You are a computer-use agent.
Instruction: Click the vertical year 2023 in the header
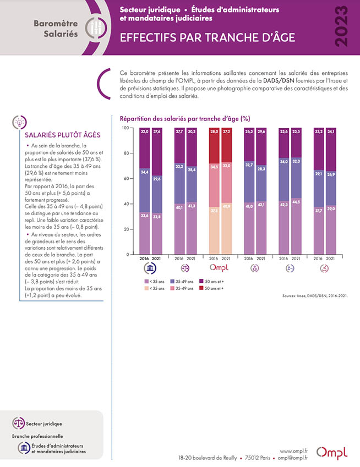[341, 26]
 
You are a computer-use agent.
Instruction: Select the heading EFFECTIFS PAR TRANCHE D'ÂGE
[208, 37]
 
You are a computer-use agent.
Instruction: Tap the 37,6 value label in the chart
[156, 131]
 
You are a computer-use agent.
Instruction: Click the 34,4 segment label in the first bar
[145, 172]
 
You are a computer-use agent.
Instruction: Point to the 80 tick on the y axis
[127, 153]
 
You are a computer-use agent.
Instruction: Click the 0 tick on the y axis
[128, 254]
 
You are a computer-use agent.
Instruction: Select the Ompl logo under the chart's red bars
[219, 268]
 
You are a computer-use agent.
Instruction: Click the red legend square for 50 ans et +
[201, 288]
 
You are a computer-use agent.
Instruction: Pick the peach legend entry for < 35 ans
[154, 288]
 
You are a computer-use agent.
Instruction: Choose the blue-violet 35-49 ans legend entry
[182, 281]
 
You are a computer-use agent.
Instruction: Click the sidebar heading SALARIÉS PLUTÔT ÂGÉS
[63, 135]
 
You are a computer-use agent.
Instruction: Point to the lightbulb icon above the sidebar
[20, 122]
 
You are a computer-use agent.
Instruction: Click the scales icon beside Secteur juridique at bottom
[19, 423]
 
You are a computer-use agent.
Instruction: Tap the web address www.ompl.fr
[294, 451]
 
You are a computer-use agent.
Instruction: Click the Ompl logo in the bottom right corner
[332, 453]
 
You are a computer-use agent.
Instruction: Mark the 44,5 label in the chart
[296, 202]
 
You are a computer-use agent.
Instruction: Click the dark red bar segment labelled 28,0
[214, 146]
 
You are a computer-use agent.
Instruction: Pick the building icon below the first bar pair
[150, 268]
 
